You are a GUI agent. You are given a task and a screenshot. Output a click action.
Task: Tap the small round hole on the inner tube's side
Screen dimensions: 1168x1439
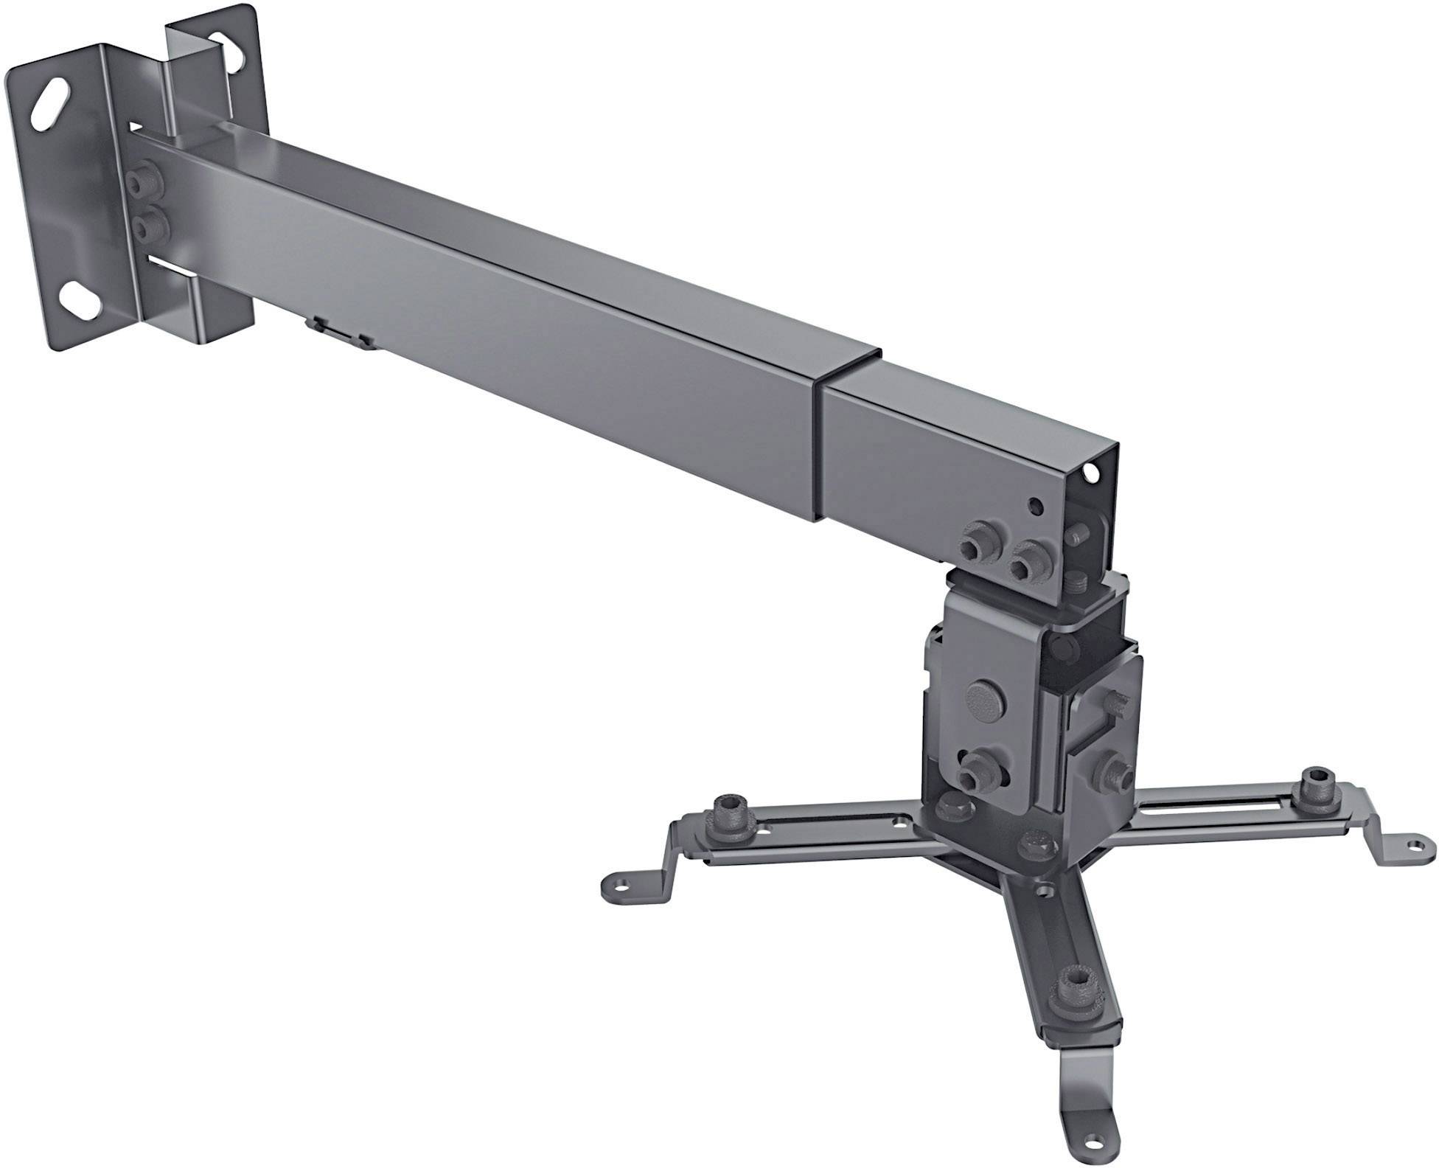[x=1036, y=507]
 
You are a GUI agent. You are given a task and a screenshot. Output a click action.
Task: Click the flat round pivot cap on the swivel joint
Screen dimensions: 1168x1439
[x=985, y=698]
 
